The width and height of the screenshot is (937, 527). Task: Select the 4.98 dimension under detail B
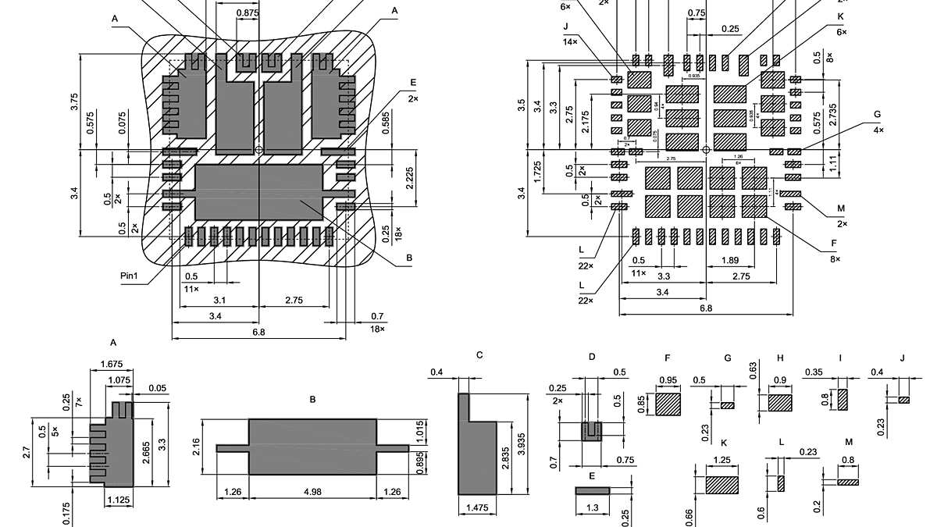[x=312, y=492]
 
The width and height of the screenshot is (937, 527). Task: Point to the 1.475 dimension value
[x=477, y=508]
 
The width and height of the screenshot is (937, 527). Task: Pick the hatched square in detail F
[x=668, y=404]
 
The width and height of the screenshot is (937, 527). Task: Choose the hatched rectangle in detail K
[x=722, y=484]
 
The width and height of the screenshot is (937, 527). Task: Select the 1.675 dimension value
[x=114, y=364]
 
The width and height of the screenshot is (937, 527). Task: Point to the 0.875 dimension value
[x=248, y=13]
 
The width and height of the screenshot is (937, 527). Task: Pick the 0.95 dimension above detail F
[x=668, y=380]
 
